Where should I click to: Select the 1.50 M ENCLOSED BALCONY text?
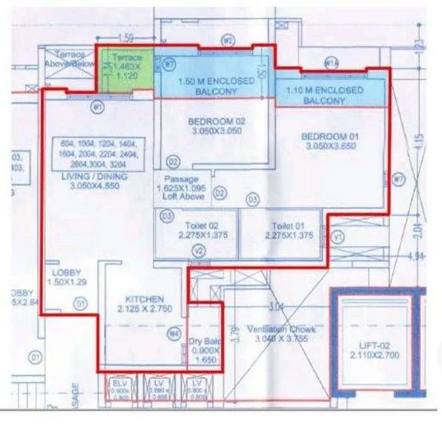[216, 86]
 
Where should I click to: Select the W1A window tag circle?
[330, 62]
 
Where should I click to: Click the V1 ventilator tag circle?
[337, 236]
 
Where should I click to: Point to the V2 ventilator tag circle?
[199, 251]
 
